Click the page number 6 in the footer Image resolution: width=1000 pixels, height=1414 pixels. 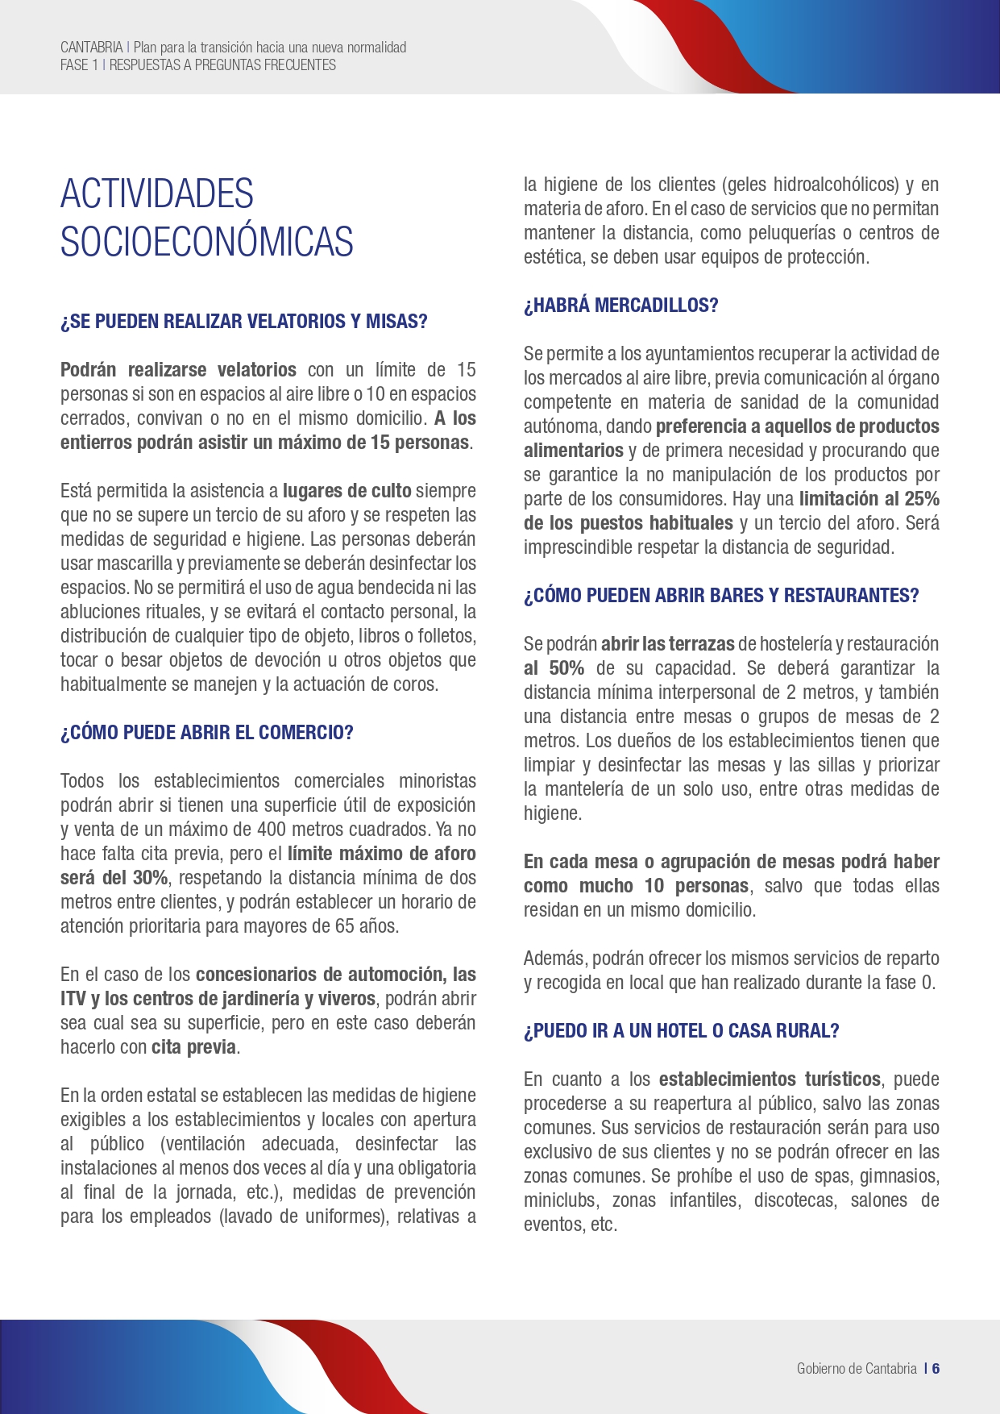(x=936, y=1368)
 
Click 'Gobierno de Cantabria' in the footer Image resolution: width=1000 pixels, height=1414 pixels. (x=857, y=1368)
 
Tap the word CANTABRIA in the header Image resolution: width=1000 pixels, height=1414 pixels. (x=91, y=48)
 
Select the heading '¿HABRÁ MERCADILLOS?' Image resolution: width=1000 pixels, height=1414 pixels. (x=620, y=306)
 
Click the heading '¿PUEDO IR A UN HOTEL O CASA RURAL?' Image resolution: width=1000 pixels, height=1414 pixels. (x=681, y=1031)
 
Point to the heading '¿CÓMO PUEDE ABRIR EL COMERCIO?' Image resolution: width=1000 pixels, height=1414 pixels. (x=207, y=733)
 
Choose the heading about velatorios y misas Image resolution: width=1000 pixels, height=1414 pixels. (x=243, y=322)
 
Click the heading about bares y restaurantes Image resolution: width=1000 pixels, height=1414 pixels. (x=721, y=596)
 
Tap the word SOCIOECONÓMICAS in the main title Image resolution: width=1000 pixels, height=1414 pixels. (x=207, y=242)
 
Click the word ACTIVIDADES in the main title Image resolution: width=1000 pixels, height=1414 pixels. (x=157, y=194)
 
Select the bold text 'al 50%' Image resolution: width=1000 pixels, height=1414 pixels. (x=554, y=668)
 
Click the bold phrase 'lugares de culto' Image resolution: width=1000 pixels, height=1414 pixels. (x=347, y=491)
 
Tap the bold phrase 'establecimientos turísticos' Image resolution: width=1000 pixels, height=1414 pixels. (x=770, y=1079)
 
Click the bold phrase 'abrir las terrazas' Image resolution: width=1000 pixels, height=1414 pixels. (x=667, y=644)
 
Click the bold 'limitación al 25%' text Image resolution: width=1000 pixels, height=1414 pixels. (x=869, y=499)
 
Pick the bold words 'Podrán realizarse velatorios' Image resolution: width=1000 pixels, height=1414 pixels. (x=178, y=370)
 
